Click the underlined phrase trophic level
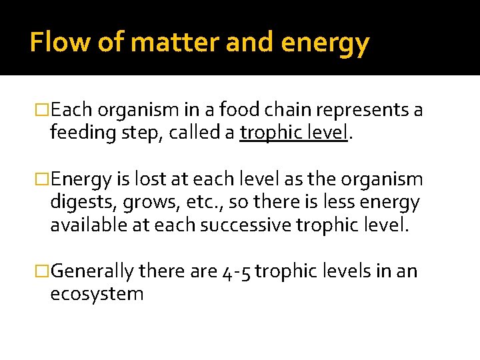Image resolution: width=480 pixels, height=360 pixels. click(x=294, y=132)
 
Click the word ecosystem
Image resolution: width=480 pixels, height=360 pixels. click(x=97, y=294)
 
